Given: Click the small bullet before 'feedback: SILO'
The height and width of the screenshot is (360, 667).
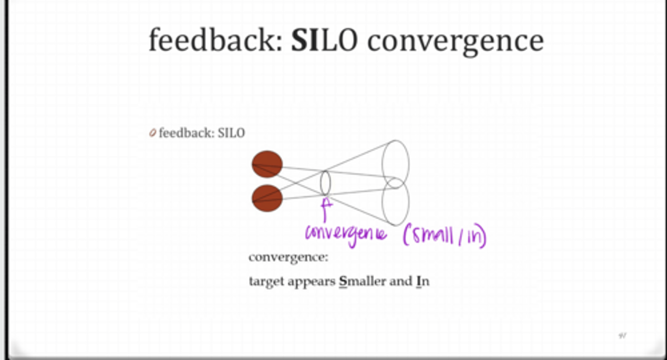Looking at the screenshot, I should (x=152, y=133).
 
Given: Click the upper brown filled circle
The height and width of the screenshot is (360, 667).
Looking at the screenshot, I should (x=267, y=164).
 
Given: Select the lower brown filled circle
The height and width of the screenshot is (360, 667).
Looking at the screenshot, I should (x=267, y=198).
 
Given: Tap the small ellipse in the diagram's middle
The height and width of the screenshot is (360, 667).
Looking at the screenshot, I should (x=325, y=183).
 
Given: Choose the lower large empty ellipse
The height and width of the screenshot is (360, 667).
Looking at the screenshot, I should (x=395, y=202).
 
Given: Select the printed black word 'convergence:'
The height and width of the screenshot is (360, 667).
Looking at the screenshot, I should (x=288, y=258).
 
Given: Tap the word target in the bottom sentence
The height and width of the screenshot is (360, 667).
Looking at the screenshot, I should (x=266, y=282).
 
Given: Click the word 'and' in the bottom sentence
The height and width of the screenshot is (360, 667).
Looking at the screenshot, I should (x=400, y=281).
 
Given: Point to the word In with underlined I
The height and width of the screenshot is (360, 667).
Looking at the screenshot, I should (x=422, y=281).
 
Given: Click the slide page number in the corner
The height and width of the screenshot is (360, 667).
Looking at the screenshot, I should (x=623, y=335).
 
